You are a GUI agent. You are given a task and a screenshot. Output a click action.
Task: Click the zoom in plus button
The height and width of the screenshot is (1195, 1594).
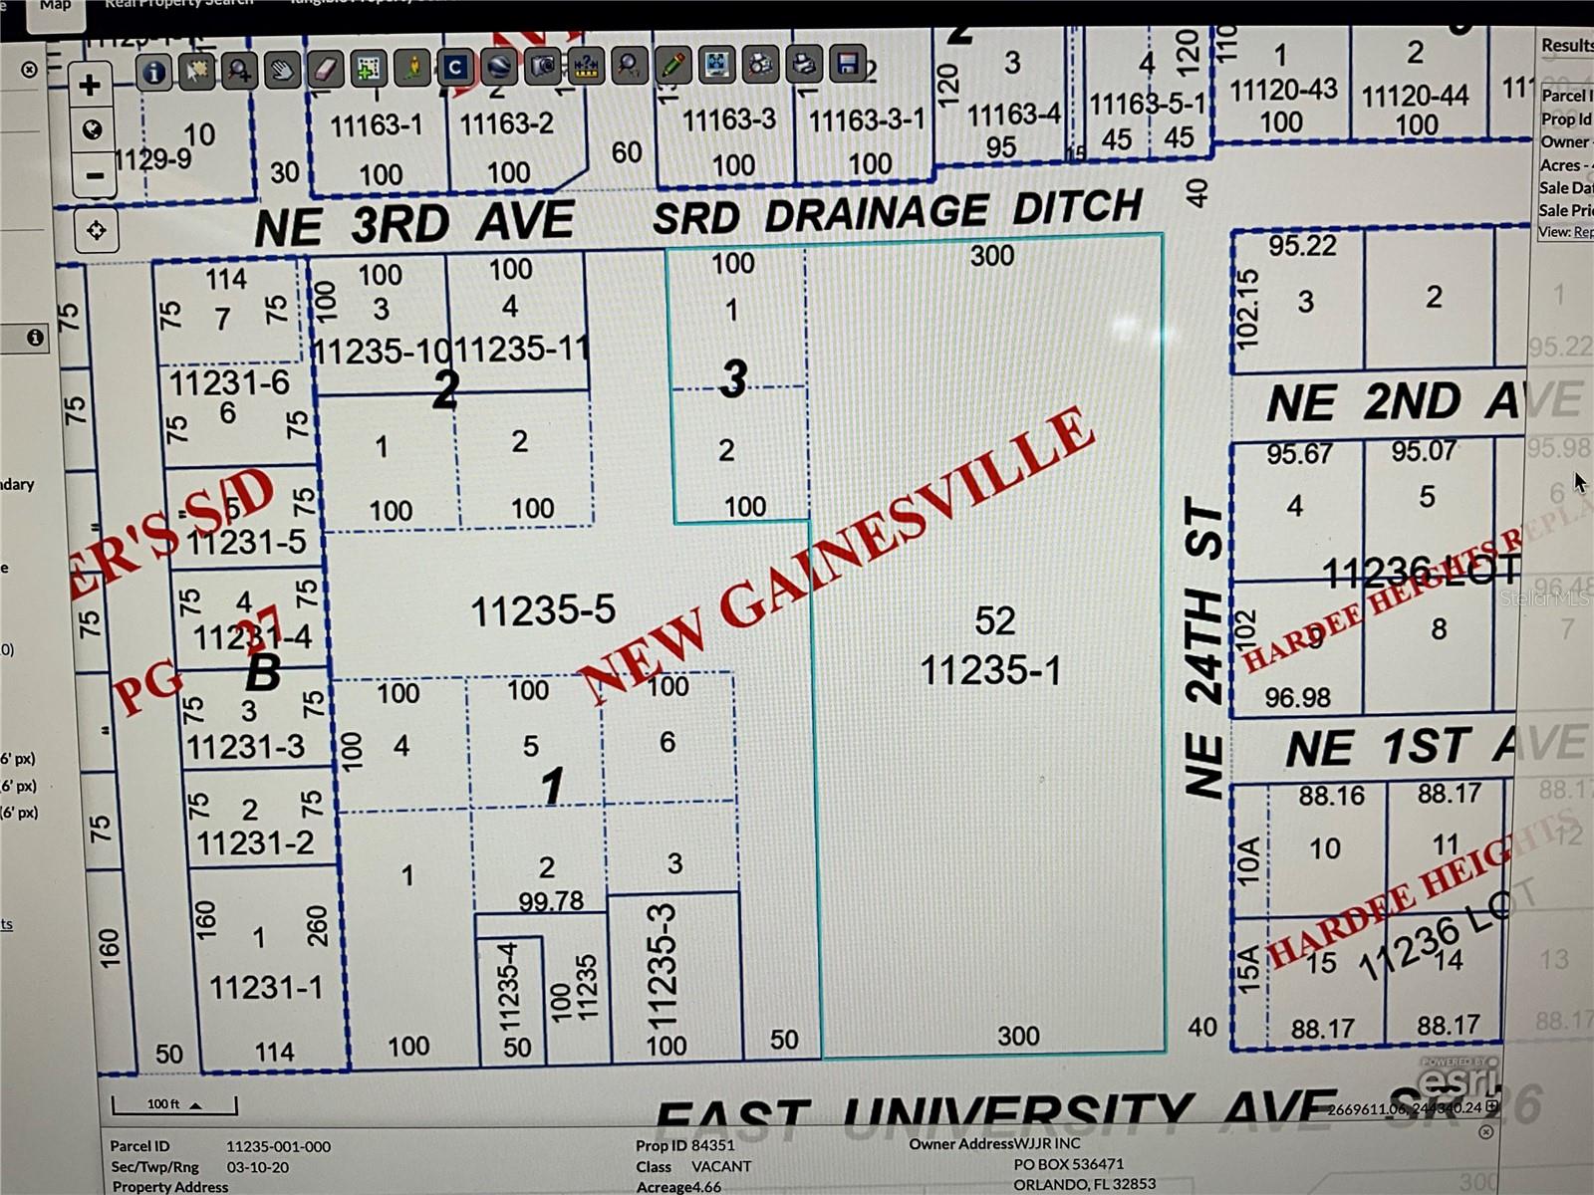(x=90, y=85)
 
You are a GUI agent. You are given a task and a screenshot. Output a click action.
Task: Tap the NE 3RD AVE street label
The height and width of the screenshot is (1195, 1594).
(x=413, y=223)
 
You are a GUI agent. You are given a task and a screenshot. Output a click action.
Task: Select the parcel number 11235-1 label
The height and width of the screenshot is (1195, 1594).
(x=990, y=670)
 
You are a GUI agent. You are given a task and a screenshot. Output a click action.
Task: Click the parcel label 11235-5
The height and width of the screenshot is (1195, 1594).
(x=543, y=610)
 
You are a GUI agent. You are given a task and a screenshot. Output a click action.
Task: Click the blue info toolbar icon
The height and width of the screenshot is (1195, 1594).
(x=153, y=72)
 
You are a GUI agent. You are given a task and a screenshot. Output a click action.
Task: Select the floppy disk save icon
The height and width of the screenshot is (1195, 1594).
(x=848, y=66)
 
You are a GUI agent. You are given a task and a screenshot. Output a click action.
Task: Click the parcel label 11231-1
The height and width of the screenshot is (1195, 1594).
(x=266, y=987)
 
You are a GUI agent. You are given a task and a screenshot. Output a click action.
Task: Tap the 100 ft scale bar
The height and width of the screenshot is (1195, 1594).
(x=174, y=1104)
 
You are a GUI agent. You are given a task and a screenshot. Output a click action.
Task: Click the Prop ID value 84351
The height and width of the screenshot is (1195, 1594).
(x=713, y=1145)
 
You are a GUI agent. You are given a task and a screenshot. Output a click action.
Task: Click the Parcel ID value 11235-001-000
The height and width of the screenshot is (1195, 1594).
(x=278, y=1146)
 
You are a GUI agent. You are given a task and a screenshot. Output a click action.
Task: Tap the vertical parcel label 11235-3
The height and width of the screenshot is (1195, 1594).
(x=662, y=966)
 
